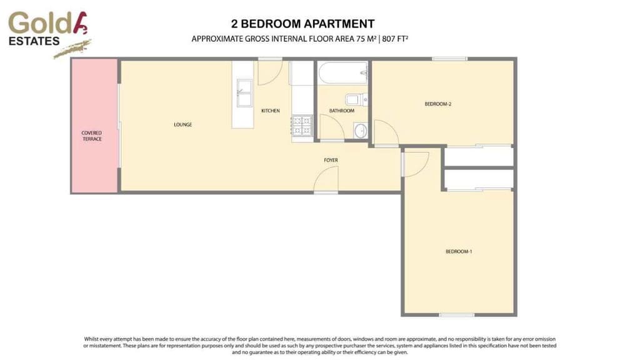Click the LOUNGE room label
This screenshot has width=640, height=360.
[182, 124]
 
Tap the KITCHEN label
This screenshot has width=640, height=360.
[270, 111]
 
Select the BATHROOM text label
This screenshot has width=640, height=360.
[342, 111]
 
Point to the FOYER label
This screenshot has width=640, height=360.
[331, 160]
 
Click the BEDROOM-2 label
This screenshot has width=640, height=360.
[437, 104]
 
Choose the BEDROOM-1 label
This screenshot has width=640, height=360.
[458, 251]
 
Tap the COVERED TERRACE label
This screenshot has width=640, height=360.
[91, 136]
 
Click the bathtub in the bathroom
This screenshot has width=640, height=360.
[342, 74]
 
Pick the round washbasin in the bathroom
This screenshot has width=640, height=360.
[361, 131]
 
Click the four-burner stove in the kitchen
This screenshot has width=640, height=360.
[302, 126]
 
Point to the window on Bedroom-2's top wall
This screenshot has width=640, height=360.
[449, 59]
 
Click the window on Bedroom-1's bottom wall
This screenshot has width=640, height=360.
[457, 314]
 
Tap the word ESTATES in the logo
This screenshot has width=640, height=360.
[34, 41]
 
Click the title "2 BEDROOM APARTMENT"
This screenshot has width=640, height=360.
[302, 24]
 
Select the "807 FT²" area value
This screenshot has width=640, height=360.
[391, 39]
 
